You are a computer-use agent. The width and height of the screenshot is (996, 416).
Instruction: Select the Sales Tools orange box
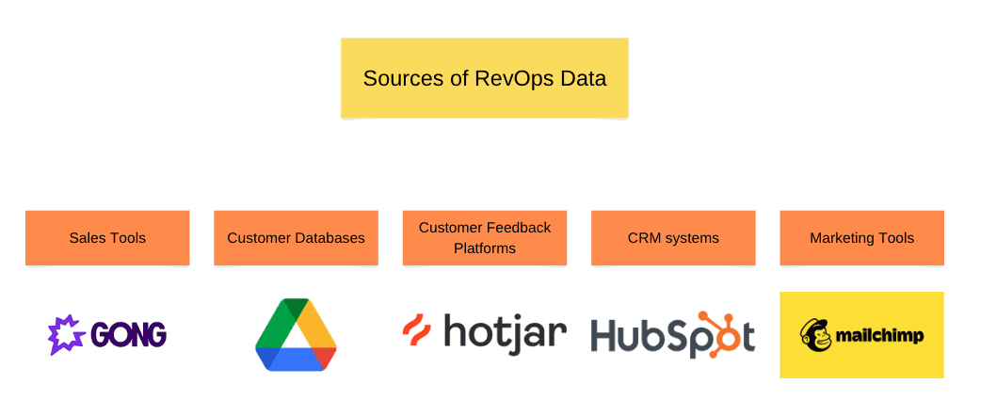[x=107, y=238]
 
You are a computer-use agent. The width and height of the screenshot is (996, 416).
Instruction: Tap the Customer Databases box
[x=296, y=238]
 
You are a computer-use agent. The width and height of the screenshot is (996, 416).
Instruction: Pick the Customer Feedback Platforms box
[x=484, y=238]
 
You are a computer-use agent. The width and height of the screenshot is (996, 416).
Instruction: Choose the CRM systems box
[x=673, y=238]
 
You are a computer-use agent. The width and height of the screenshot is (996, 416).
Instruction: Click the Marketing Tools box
[x=861, y=238]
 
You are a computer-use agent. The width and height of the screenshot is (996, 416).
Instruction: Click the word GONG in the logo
[x=129, y=335]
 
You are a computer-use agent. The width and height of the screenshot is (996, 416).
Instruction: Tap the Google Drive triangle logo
[x=296, y=336]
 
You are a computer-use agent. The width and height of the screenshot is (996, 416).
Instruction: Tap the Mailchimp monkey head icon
[x=814, y=334]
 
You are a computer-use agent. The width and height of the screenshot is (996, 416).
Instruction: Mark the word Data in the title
[x=584, y=78]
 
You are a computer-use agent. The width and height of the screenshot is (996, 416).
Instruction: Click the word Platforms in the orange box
[x=484, y=248]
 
